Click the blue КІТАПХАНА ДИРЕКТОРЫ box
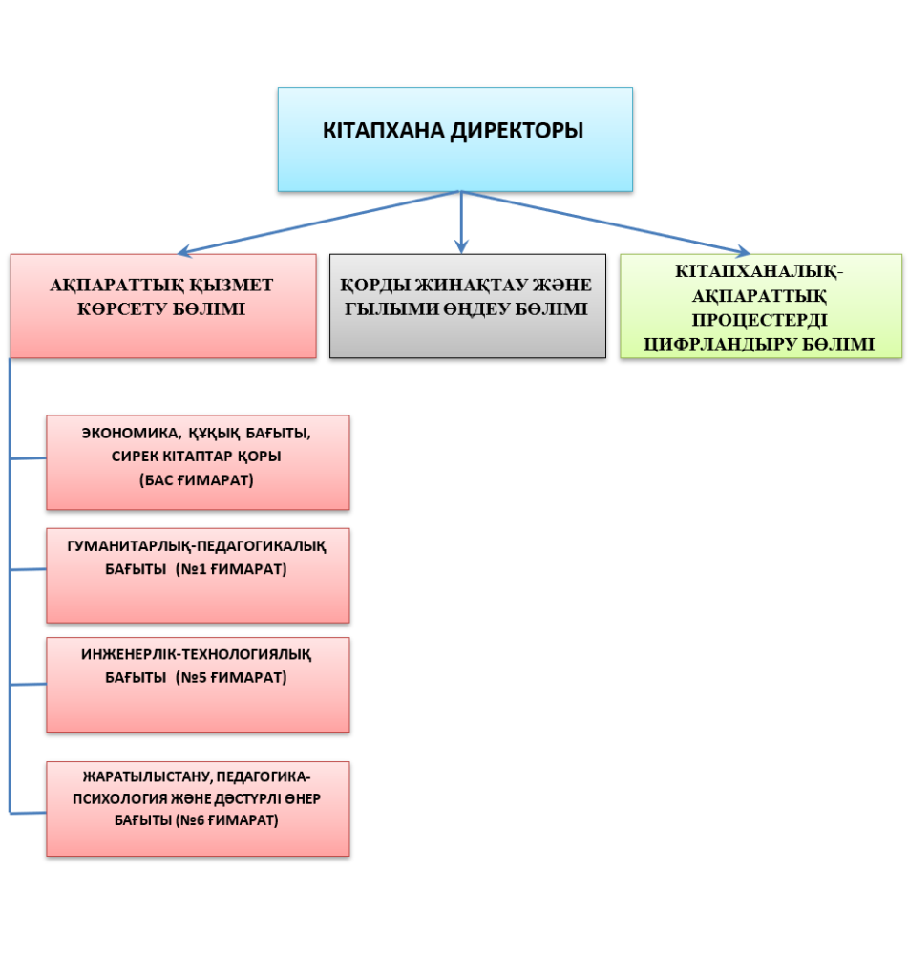(x=455, y=139)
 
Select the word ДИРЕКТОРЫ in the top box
(x=517, y=131)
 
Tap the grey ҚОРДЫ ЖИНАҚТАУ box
(x=468, y=306)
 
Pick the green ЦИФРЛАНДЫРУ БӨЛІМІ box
(x=761, y=306)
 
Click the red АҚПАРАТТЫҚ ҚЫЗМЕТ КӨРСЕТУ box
(x=163, y=306)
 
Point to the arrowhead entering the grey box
(x=461, y=247)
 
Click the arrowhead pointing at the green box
(x=743, y=251)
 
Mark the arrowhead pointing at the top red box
(x=185, y=251)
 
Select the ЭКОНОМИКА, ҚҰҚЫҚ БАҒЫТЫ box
(x=198, y=462)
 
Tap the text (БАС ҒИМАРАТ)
(x=197, y=480)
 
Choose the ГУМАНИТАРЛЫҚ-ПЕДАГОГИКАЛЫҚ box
(x=198, y=575)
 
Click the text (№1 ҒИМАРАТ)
(x=231, y=569)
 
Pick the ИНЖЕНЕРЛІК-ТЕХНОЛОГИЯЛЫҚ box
(x=198, y=684)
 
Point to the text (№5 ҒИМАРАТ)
(x=231, y=677)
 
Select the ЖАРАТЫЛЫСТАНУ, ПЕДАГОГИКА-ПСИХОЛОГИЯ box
(x=198, y=808)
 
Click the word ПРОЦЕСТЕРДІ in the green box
(x=760, y=320)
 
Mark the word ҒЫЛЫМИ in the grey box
(x=391, y=309)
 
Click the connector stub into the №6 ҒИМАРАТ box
(x=28, y=813)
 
